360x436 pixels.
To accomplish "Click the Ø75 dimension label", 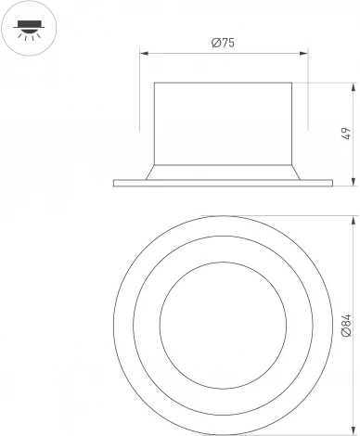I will [x=223, y=42].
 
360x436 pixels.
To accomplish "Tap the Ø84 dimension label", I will [x=345, y=325].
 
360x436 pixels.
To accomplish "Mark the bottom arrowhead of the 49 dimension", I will [x=354, y=183].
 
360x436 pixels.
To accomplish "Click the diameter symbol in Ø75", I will [x=214, y=42].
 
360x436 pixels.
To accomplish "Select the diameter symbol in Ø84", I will [x=345, y=332].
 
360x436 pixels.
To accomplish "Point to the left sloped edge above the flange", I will [x=148, y=172].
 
